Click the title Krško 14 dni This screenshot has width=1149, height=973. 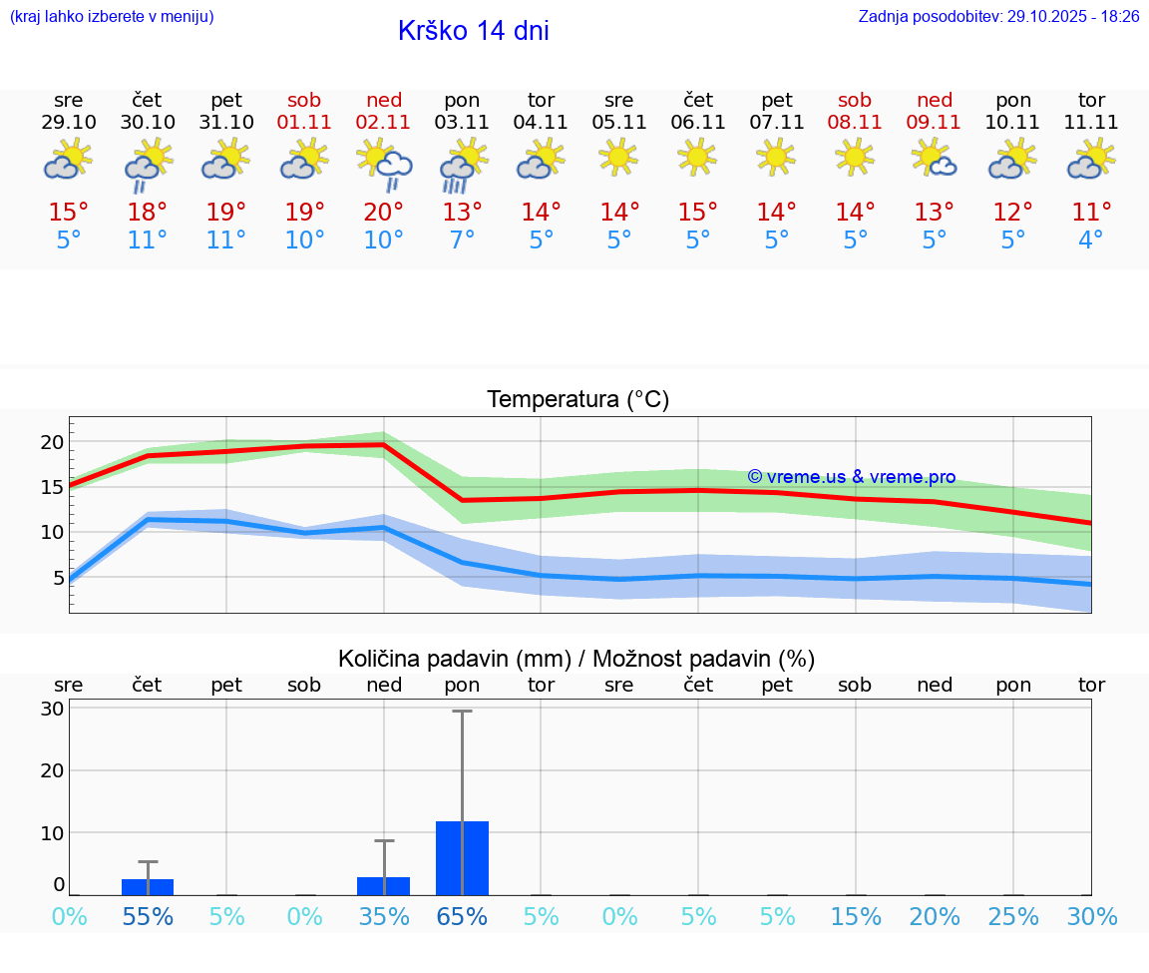click(473, 31)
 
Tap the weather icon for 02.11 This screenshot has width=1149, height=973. click(384, 164)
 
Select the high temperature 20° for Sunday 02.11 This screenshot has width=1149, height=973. click(384, 213)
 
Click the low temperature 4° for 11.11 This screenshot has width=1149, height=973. click(1091, 241)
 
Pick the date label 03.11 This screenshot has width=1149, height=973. click(462, 123)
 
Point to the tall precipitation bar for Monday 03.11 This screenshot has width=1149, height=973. click(462, 857)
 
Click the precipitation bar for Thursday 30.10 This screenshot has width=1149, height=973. click(148, 886)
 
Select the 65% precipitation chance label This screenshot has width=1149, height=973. click(462, 917)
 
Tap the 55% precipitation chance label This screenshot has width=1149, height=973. click(148, 917)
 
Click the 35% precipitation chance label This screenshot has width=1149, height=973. click(384, 917)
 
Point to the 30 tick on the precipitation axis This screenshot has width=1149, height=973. click(53, 709)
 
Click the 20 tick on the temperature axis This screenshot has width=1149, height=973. click(53, 442)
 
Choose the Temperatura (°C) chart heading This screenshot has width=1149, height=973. click(577, 400)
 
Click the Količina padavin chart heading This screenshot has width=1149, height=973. click(576, 659)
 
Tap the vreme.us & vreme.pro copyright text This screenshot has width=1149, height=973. click(851, 477)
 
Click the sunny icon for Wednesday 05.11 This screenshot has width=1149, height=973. click(618, 157)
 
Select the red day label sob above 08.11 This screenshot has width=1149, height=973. click(855, 100)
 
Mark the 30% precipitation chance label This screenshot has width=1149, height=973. click(1091, 917)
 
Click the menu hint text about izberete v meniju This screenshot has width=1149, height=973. click(112, 17)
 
